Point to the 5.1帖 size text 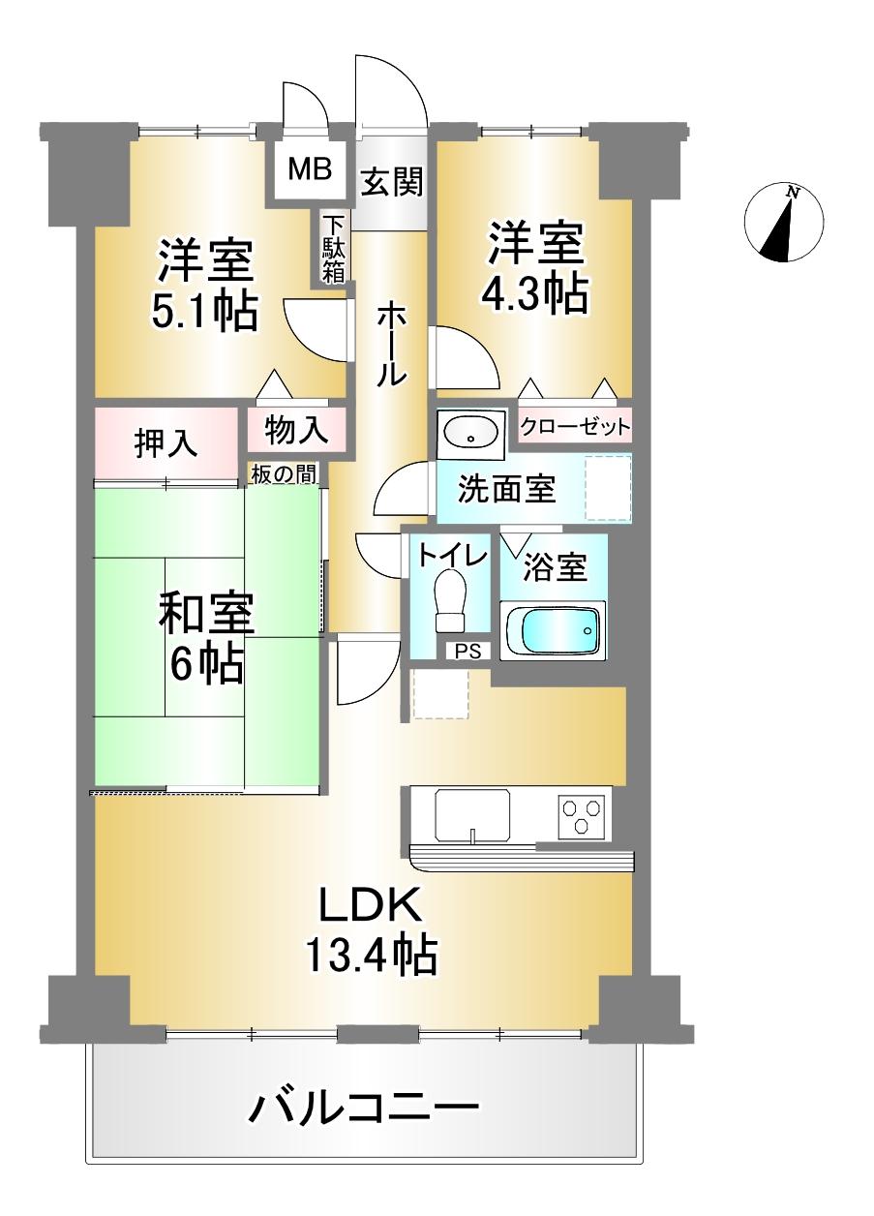tap(204, 312)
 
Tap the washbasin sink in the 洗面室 tap(469, 432)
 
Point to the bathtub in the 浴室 tap(553, 631)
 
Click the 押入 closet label tap(166, 444)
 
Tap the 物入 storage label tap(291, 429)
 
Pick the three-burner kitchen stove tap(584, 813)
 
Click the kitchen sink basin tap(472, 814)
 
